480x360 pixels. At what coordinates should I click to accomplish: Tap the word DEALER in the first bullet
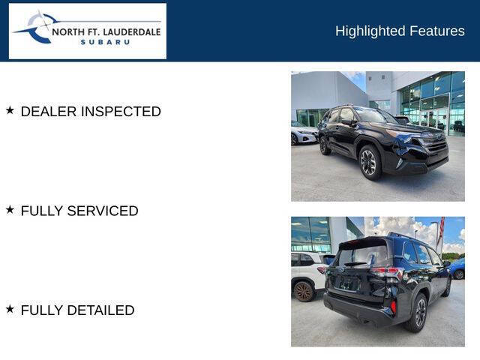click(49, 112)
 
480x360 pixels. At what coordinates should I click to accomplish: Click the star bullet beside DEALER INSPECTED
click(10, 110)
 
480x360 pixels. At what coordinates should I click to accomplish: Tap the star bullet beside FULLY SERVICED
click(10, 210)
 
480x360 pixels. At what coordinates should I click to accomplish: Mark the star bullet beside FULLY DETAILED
click(10, 309)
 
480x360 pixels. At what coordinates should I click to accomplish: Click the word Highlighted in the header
click(370, 31)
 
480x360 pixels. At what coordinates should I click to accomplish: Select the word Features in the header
click(437, 31)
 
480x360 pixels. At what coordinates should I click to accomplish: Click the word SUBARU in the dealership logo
click(105, 42)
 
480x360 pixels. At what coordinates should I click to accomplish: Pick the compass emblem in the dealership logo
click(37, 28)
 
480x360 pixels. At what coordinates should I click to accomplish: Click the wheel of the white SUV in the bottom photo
click(303, 290)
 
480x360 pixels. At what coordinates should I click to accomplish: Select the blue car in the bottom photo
click(457, 268)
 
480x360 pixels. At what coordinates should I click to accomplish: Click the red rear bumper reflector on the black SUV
click(393, 305)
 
